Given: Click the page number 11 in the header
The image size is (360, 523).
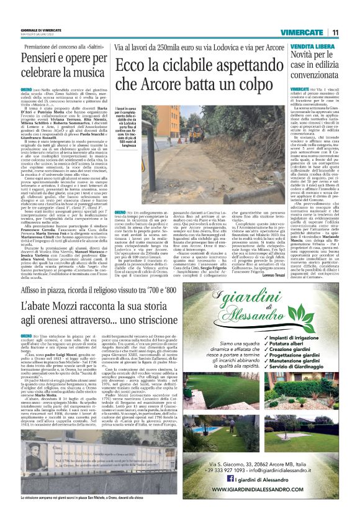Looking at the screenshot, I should (x=335, y=32).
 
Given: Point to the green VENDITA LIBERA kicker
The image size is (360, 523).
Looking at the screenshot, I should (x=311, y=47).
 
